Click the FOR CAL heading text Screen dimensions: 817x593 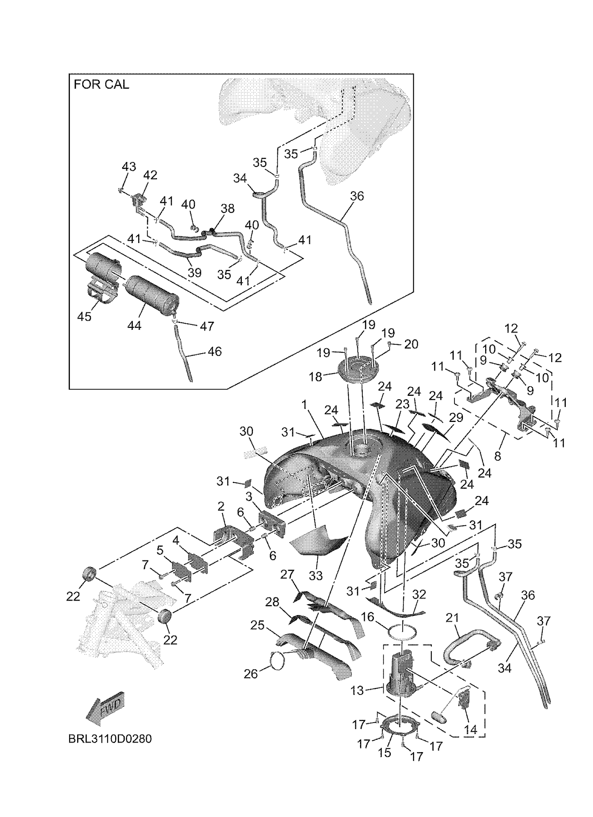[101, 85]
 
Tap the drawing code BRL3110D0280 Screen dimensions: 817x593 [110, 739]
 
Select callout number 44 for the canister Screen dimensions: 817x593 [134, 326]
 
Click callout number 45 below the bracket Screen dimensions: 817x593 [84, 317]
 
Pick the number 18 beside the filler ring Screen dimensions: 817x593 [316, 377]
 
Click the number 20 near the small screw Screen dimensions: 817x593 [411, 345]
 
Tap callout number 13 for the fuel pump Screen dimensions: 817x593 [358, 690]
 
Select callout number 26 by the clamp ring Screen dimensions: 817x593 [251, 674]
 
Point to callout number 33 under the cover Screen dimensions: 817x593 [316, 576]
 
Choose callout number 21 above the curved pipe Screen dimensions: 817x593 [452, 618]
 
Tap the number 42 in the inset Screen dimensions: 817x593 [150, 175]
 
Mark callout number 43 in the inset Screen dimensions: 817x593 [129, 166]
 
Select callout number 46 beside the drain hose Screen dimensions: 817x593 [215, 351]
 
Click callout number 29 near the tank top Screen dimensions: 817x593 [456, 418]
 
